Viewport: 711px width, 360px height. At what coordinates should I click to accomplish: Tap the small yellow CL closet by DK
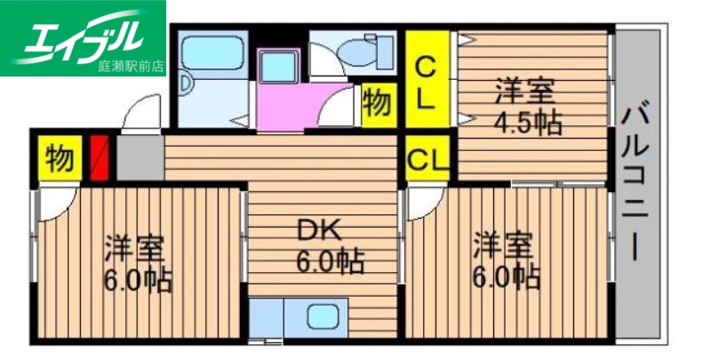[427, 161]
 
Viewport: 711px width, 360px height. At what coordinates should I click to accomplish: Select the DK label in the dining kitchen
[318, 232]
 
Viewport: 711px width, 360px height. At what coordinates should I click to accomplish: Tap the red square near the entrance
[99, 156]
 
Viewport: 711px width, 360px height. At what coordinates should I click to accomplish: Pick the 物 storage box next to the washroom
[377, 103]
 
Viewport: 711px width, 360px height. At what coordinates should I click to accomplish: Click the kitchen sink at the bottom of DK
[318, 317]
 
